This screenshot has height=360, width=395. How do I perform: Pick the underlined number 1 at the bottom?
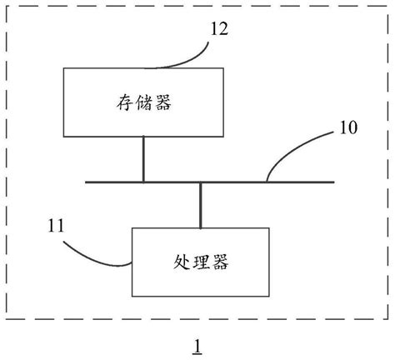197,343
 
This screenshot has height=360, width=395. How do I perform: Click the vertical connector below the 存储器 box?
144,159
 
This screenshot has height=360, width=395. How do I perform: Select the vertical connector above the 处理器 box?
201,205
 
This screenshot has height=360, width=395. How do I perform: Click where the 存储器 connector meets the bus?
144,181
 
